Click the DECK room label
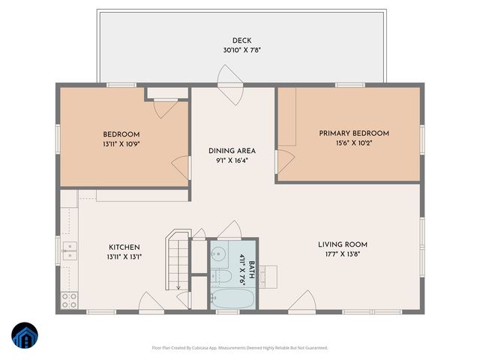tap(241, 40)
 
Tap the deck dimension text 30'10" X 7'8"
tap(241, 51)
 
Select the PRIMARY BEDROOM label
tap(354, 133)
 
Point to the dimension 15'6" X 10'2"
tap(354, 144)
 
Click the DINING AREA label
tap(232, 151)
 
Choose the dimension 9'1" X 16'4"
tap(232, 160)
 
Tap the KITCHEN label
tap(124, 247)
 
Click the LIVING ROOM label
tap(342, 244)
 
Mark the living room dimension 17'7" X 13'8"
tap(342, 255)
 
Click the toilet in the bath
tap(222, 277)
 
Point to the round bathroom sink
tap(220, 253)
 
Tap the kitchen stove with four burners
tap(69, 301)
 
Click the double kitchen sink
tap(69, 250)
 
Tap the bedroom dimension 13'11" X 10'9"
tap(121, 145)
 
